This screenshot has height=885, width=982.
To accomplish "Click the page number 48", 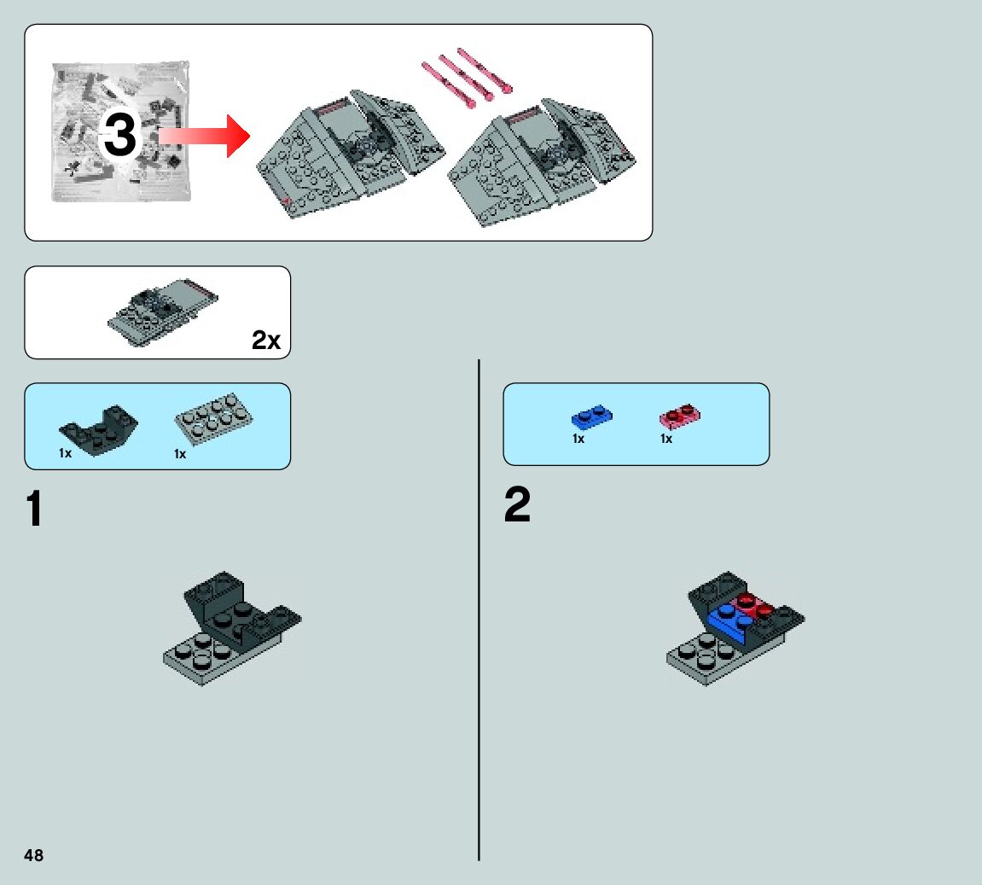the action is point(33,855).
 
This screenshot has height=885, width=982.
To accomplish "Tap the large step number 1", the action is point(34,509).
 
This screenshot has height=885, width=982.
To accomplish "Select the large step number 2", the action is point(517,506).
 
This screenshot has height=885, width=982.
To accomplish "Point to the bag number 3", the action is point(119,136).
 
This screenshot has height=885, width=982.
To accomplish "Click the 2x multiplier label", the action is point(265,341).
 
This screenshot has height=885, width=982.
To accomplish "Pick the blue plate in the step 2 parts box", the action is point(590,417).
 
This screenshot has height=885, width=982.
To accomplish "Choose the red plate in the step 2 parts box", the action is point(680,416).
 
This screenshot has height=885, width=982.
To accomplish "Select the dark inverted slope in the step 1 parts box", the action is point(98,429).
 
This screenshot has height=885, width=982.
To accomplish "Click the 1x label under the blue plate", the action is point(578,439).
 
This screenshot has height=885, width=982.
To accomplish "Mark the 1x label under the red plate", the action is point(666,439).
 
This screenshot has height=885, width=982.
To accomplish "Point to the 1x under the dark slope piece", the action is point(65,454).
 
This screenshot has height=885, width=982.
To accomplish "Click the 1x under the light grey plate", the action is point(180,454).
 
